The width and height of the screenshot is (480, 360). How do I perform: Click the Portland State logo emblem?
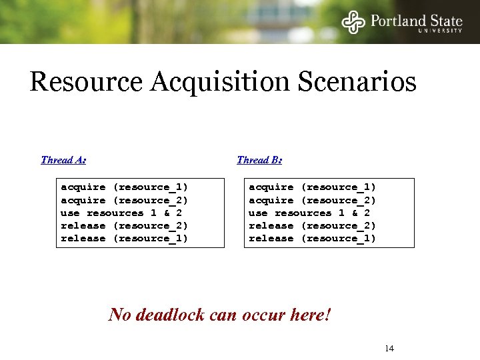[x=353, y=21]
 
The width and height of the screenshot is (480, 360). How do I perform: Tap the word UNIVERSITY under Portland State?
[x=440, y=31]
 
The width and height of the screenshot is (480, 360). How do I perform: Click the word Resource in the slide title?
[x=86, y=83]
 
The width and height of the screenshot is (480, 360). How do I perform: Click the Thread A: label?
[x=63, y=160]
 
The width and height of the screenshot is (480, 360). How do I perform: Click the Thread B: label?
[x=259, y=160]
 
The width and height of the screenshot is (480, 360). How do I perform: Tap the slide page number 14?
[x=389, y=349]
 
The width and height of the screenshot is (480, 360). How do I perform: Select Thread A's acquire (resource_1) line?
[x=124, y=187]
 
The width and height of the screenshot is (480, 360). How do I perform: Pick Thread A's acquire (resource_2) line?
[x=124, y=200]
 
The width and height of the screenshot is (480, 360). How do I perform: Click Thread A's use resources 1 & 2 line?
[x=121, y=213]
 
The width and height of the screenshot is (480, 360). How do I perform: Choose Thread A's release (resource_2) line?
[x=124, y=225]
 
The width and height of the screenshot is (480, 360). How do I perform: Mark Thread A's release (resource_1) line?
[x=124, y=238]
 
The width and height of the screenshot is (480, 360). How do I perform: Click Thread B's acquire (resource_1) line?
[x=312, y=187]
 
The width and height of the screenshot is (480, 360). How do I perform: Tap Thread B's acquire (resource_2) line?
[x=312, y=200]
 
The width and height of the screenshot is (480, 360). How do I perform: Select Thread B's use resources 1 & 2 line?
[x=309, y=213]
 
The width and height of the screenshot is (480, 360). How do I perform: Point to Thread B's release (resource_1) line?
[x=312, y=238]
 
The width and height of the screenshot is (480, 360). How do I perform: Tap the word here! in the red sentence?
[x=310, y=314]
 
